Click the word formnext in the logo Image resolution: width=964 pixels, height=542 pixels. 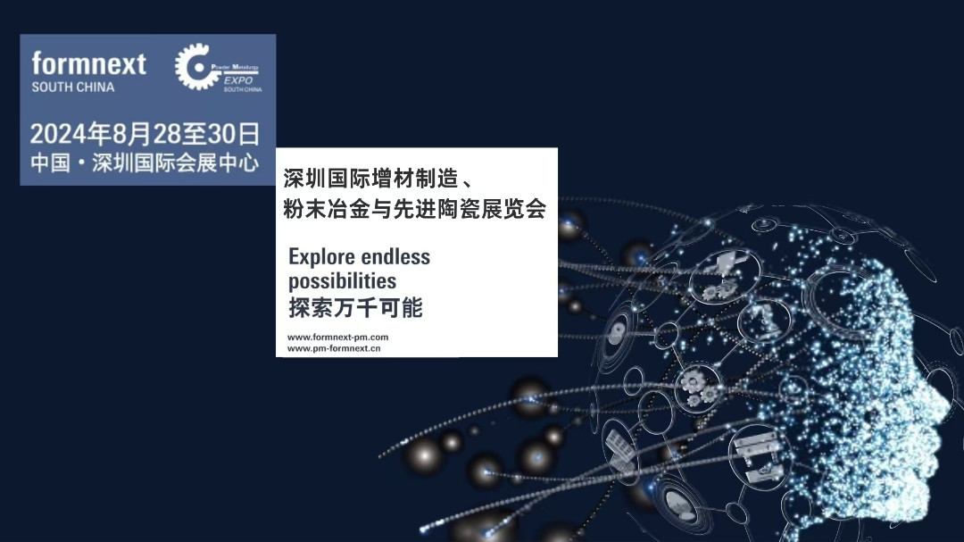(88, 64)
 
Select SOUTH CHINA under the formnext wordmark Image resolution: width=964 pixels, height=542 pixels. (73, 88)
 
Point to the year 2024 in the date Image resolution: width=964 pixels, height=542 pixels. (59, 135)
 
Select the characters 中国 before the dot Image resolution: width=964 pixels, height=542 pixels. (50, 163)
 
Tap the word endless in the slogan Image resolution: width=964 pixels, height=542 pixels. (395, 257)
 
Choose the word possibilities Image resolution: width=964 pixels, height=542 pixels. (342, 281)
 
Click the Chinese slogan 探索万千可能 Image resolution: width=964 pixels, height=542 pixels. (354, 309)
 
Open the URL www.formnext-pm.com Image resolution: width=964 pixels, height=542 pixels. (337, 337)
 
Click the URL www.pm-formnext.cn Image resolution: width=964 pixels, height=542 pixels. (334, 348)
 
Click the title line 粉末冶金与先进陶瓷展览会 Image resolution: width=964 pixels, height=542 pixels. (414, 206)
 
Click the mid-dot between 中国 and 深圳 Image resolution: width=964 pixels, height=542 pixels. (79, 164)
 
